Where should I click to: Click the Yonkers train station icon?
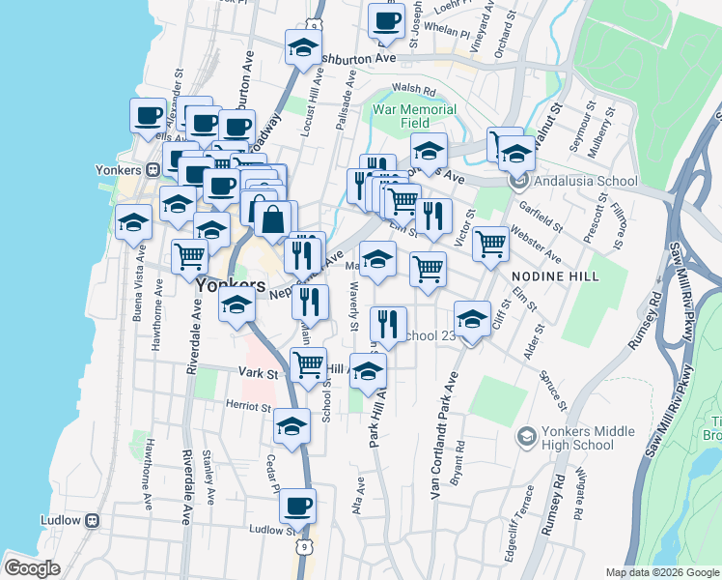click(153, 169)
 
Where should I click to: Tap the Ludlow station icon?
click(93, 520)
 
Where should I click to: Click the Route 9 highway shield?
click(306, 547)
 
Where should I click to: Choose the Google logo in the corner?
click(33, 567)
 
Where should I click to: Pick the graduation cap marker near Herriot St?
click(292, 425)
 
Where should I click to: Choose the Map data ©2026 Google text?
click(662, 572)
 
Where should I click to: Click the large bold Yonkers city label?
click(231, 286)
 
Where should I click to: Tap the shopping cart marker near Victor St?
click(491, 244)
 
